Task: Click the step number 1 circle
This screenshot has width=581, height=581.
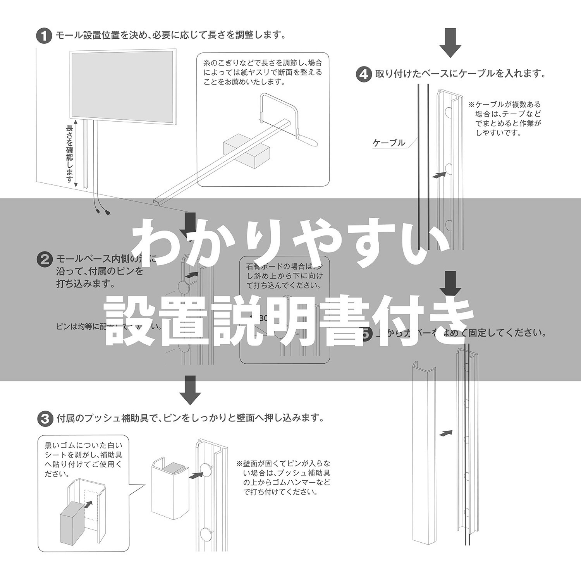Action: pyautogui.click(x=44, y=36)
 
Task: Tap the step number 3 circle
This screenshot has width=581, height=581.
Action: pyautogui.click(x=44, y=418)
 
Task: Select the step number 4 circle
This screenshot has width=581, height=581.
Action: pyautogui.click(x=364, y=74)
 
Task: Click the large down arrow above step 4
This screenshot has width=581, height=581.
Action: pyautogui.click(x=450, y=43)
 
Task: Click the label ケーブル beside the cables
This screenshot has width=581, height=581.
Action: pyautogui.click(x=388, y=143)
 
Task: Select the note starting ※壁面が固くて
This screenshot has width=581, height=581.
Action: pyautogui.click(x=284, y=478)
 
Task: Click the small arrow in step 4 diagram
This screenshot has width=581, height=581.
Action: pyautogui.click(x=437, y=175)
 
